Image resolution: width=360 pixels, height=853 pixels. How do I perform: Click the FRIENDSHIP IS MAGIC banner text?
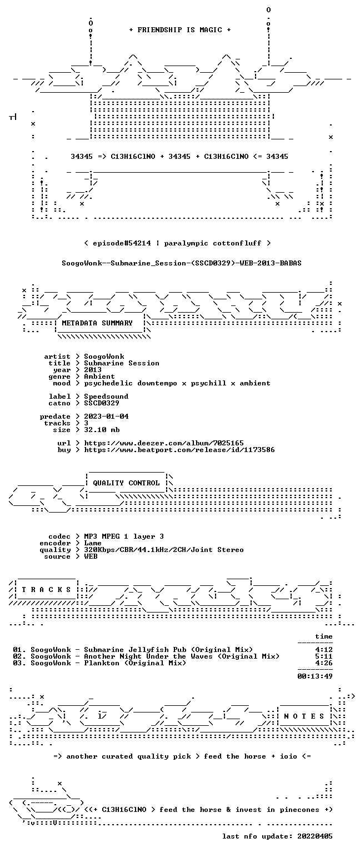tap(180, 29)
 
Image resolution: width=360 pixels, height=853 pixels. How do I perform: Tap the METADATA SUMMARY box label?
tap(97, 323)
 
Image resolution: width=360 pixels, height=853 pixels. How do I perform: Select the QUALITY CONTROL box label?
tap(126, 483)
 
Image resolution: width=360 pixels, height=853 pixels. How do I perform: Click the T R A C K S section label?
tap(47, 589)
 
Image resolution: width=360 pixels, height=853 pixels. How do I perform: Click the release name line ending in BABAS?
tap(182, 263)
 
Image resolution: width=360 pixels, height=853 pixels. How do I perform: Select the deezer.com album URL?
tap(164, 443)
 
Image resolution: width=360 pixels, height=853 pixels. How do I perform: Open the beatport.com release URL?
tap(179, 450)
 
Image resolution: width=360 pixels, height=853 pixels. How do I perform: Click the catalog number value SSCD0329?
tap(101, 403)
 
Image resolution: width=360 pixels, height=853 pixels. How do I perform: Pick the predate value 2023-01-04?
tap(106, 416)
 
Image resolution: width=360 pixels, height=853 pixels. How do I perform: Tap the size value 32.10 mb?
tap(102, 429)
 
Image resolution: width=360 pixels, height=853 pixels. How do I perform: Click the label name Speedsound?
tap(106, 397)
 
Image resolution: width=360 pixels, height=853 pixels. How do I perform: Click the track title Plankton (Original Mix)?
tap(135, 663)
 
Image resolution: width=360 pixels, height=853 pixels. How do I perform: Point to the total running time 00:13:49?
tap(315, 676)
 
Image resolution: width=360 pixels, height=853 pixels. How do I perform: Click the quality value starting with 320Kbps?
tap(164, 549)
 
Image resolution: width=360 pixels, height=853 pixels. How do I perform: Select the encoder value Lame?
tap(93, 543)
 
